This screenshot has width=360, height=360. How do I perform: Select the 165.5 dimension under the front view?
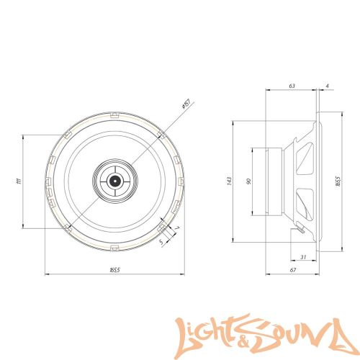[x=114, y=269]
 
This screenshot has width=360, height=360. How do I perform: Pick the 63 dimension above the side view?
[x=292, y=86]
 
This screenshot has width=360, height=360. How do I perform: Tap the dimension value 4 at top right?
[x=327, y=86]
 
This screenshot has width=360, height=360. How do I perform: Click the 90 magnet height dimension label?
[x=248, y=181]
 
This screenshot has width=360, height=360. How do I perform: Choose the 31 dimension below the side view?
[x=303, y=258]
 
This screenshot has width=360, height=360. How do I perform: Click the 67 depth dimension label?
[x=292, y=269]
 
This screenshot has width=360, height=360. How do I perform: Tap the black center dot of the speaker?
[x=114, y=181]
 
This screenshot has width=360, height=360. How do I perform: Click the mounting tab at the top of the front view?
[x=114, y=113]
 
